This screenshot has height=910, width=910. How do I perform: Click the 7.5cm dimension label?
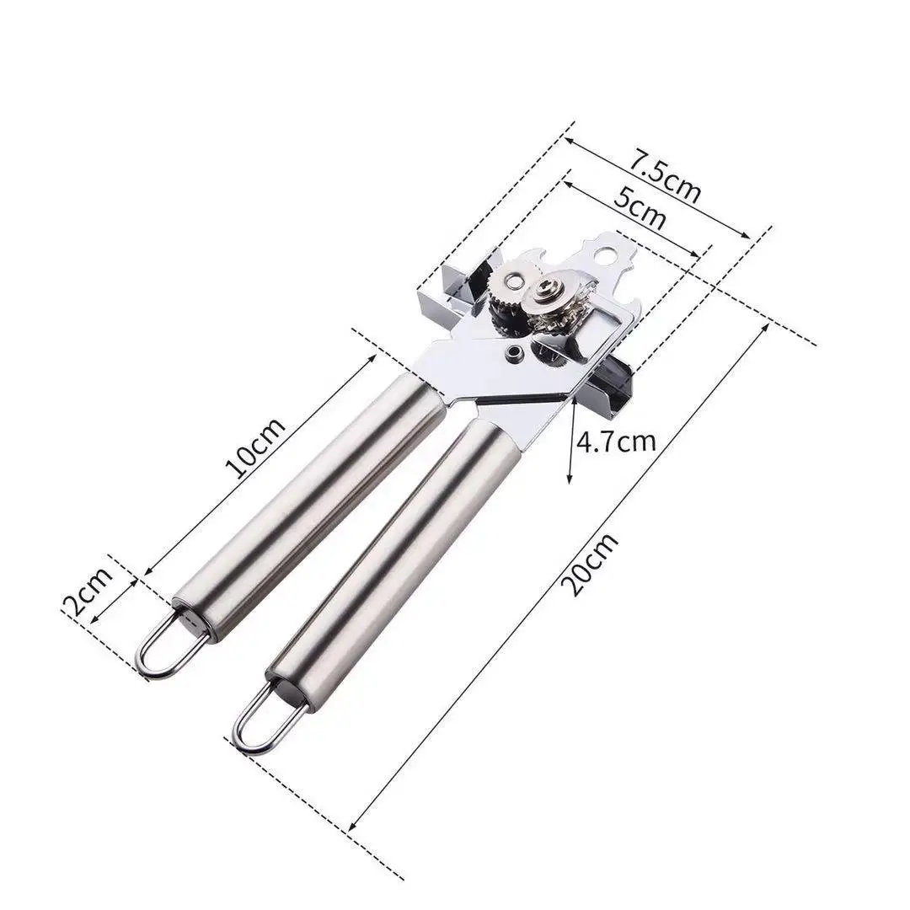(x=666, y=176)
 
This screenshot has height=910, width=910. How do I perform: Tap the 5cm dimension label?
(x=640, y=207)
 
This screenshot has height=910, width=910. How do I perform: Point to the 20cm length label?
(x=591, y=564)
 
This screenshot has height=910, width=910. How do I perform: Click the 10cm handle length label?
(x=255, y=447)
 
